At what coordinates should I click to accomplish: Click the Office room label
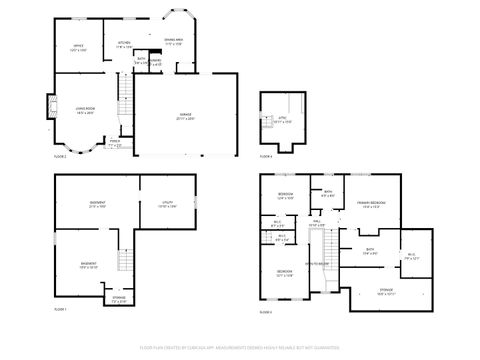coord(78,46)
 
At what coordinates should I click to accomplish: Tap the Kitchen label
coord(124,43)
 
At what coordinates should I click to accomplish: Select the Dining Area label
coord(173,42)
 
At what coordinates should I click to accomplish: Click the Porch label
coord(116,144)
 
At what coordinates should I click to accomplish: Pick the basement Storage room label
coord(119,299)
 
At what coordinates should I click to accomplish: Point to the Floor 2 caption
coord(60,156)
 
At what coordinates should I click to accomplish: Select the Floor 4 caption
coord(266,156)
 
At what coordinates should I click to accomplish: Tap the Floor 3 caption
coord(266,312)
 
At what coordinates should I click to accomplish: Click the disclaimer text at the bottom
coord(240,347)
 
